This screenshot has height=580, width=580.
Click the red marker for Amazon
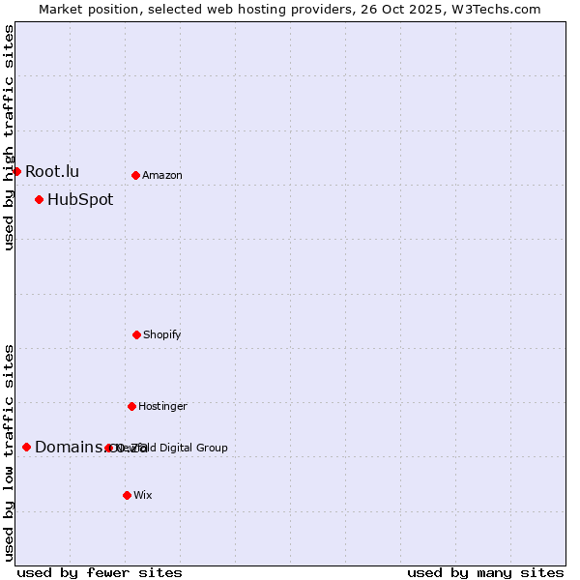tap(135, 175)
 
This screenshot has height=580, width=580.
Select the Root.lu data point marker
tap(16, 171)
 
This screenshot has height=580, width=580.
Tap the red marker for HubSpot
tap(39, 199)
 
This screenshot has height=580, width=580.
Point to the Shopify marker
tap(136, 334)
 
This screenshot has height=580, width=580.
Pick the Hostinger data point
tap(131, 406)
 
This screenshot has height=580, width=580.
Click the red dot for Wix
tap(127, 495)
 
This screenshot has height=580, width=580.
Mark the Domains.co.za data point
tap(26, 447)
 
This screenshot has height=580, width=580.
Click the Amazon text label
tap(162, 175)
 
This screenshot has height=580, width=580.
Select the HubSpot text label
tap(80, 200)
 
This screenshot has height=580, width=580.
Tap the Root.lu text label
tap(52, 171)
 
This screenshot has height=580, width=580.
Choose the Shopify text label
tap(162, 334)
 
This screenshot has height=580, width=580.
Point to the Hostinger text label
tap(162, 406)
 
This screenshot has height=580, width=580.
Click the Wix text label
tap(143, 495)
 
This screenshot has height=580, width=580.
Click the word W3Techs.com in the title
tap(500, 9)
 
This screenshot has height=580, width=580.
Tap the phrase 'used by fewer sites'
tap(100, 572)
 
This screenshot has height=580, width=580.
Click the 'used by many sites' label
tap(485, 572)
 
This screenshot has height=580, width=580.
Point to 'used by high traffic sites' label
tap(9, 137)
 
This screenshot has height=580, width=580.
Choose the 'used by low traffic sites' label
tap(9, 452)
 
